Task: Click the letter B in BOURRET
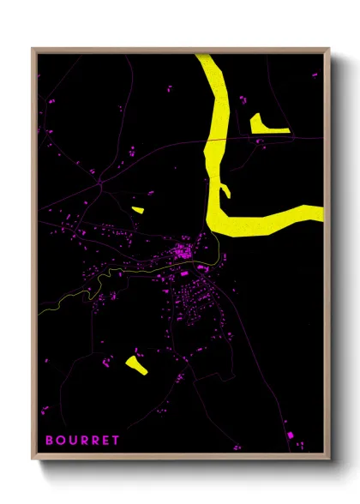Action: click(x=49, y=441)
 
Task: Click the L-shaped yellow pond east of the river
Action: click(x=267, y=128)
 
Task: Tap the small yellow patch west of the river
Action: click(x=137, y=208)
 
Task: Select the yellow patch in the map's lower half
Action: click(x=135, y=364)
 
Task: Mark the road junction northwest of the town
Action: click(x=100, y=182)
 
